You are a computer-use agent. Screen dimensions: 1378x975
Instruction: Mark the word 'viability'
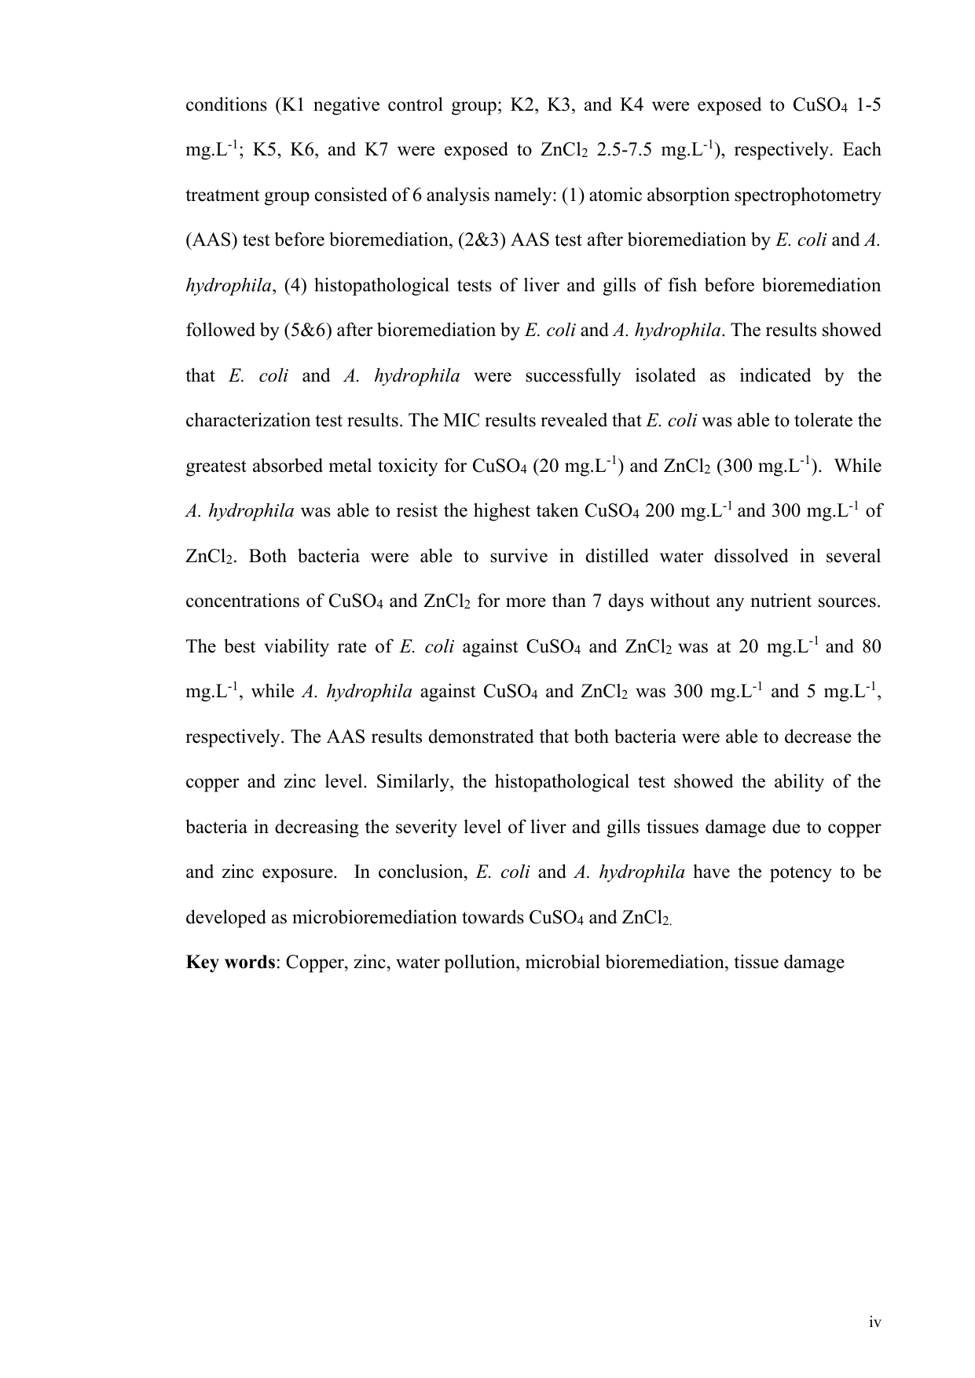coord(295,647)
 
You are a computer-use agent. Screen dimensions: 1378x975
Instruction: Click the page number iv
coord(875,1323)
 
